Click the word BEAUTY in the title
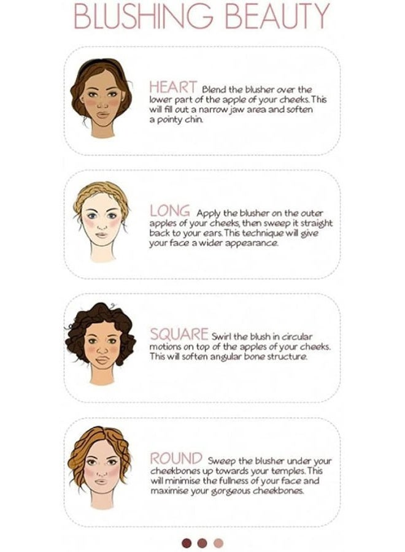point(279,17)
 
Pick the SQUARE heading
point(179,335)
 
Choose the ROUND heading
point(176,458)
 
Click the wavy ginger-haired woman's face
point(99,469)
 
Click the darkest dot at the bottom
point(187,543)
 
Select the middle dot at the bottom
point(202,543)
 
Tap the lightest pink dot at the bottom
point(218,543)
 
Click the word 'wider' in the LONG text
point(208,243)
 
